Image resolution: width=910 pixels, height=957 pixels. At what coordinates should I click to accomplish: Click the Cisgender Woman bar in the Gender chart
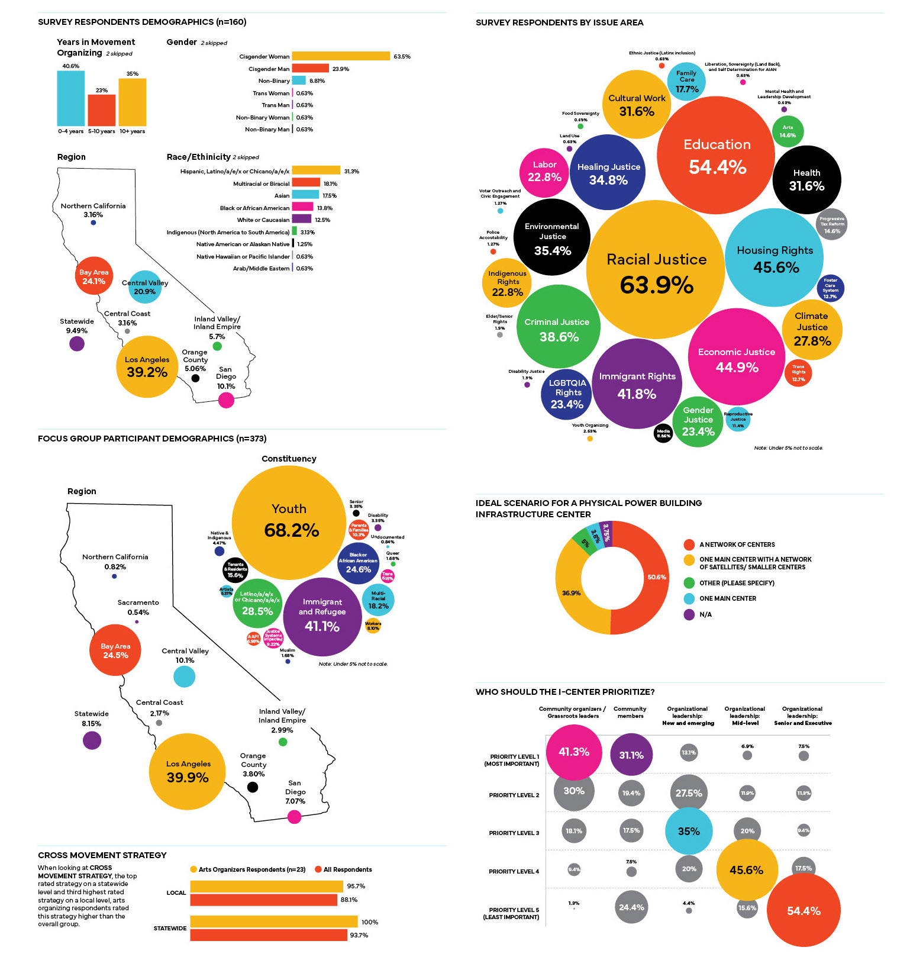[x=341, y=56]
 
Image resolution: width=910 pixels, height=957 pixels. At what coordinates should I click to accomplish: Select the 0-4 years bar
[x=71, y=98]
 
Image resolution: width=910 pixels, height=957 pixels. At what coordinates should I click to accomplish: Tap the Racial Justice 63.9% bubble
[x=656, y=270]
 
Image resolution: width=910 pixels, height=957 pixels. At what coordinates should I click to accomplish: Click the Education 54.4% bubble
[x=716, y=156]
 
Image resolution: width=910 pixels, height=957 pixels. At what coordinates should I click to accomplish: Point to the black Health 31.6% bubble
[x=806, y=179]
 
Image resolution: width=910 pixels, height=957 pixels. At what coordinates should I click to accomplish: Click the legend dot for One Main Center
[x=689, y=599]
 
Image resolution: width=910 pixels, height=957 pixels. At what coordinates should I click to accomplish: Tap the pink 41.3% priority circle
[x=573, y=752]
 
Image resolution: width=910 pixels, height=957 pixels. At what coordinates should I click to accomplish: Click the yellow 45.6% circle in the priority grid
[x=746, y=870]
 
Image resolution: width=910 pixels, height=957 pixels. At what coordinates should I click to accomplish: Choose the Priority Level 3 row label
[x=514, y=833]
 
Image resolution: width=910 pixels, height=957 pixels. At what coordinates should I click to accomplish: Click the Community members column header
[x=630, y=713]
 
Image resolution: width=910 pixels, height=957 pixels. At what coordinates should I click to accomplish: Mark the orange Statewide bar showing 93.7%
[x=269, y=935]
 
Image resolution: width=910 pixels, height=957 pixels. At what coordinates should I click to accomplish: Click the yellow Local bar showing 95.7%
[x=267, y=886]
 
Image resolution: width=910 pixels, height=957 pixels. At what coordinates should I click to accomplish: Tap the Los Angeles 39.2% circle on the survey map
[x=147, y=367]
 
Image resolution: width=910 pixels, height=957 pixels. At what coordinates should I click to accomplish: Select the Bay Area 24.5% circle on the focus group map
[x=115, y=650]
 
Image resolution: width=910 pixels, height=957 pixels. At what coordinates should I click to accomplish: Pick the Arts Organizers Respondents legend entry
[x=248, y=869]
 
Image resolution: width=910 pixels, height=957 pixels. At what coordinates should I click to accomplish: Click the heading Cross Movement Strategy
[x=102, y=855]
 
